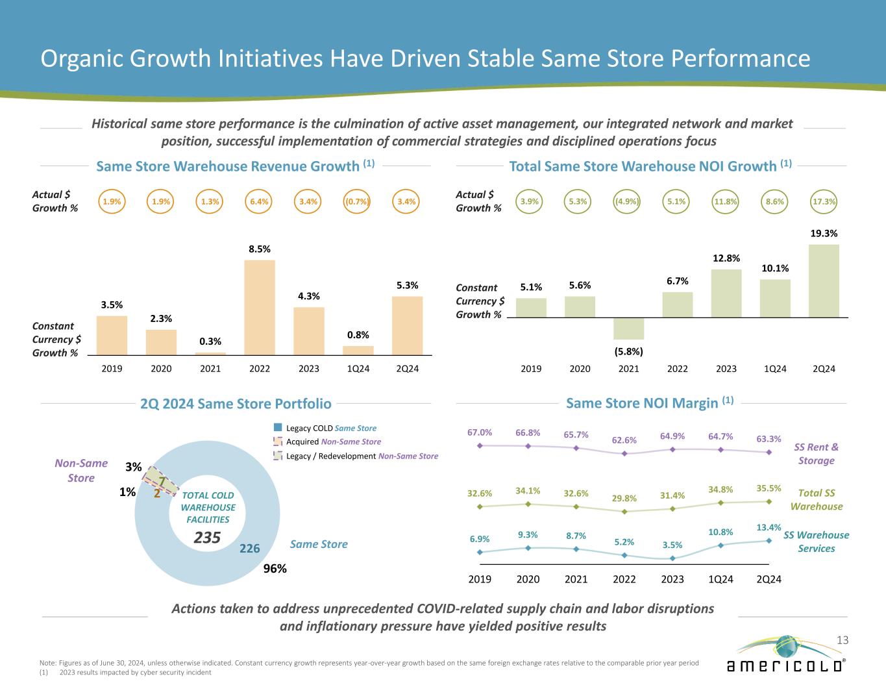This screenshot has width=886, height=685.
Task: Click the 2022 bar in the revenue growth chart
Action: pos(260,307)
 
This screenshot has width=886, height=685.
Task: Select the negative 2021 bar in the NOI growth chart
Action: pos(628,329)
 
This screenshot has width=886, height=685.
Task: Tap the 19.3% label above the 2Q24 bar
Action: pos(824,233)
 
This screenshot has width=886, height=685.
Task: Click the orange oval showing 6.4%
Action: pos(259,201)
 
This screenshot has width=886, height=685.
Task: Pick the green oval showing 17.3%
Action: pos(824,201)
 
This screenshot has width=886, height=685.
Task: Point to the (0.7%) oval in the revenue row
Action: pos(358,201)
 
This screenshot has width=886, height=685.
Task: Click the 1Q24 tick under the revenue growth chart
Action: pos(358,369)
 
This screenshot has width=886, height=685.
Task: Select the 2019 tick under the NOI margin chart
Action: pos(480,579)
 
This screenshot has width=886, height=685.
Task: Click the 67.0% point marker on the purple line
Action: pos(480,445)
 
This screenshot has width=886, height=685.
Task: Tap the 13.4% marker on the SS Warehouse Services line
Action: pos(769,541)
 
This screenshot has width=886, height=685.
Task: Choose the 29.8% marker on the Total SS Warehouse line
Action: pos(624,512)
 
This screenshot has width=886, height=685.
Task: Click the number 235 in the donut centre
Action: pos(208,538)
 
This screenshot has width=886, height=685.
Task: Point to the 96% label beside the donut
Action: pos(275,569)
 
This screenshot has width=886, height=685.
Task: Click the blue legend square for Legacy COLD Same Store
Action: pos(278,428)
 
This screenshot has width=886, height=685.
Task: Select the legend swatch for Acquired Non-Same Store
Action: pos(278,442)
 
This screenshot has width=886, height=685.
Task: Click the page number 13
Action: pos(843,641)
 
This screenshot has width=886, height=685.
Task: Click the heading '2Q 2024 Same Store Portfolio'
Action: pos(236,404)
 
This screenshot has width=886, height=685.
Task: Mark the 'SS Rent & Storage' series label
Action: pos(816,454)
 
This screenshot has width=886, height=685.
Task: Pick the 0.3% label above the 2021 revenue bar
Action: pos(210,342)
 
